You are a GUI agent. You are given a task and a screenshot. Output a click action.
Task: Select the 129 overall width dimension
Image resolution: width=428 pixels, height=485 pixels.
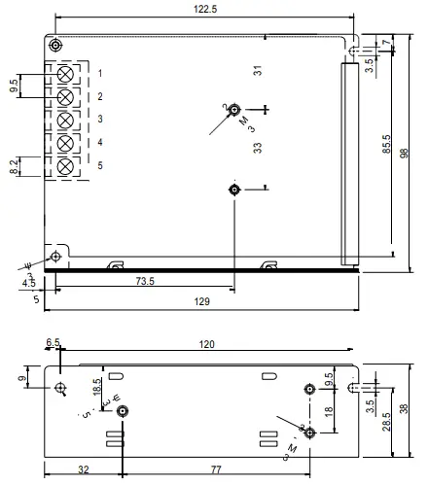point(202,302)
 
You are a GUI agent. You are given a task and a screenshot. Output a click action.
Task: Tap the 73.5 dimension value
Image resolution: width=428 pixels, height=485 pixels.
point(145,280)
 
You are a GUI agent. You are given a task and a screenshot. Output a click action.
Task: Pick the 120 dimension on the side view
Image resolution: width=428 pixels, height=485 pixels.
point(207,345)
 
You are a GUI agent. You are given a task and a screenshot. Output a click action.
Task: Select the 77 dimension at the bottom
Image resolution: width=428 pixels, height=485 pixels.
point(216,469)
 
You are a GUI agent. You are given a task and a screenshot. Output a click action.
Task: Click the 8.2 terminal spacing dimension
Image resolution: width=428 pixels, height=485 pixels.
point(14,167)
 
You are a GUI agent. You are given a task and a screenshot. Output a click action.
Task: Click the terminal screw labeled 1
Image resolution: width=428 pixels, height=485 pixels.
point(66,74)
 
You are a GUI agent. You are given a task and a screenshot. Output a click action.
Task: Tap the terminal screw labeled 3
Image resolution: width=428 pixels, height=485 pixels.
point(66,121)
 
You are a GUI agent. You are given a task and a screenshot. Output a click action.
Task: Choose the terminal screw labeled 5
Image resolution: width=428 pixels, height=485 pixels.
point(66,167)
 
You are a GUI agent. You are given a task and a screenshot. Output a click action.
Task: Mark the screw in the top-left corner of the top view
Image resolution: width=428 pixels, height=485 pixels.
point(56,45)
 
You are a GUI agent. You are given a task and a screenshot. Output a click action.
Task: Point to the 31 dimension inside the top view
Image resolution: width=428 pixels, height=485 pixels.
point(258,70)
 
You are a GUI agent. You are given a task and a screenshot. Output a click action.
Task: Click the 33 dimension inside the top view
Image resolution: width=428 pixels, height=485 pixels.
point(258,148)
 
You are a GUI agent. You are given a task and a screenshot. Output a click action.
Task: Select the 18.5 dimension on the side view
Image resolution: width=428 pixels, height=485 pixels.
point(96,386)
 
